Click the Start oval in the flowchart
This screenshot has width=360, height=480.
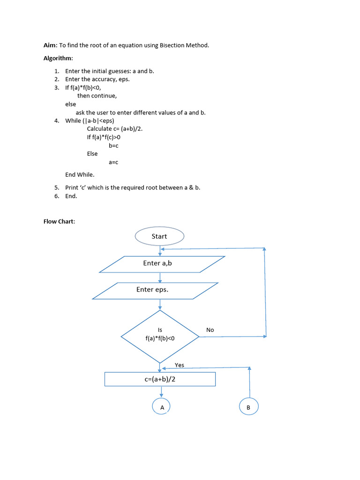159,236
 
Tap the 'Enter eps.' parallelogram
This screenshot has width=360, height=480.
155,291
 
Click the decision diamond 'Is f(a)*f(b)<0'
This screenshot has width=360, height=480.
160,336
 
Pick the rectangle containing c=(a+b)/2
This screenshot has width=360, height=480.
160,379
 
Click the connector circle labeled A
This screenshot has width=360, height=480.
162,407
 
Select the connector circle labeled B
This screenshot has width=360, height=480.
248,407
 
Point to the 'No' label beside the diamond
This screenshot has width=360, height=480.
210,330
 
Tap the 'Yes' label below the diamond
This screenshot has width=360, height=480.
180,365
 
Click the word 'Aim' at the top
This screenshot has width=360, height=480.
50,45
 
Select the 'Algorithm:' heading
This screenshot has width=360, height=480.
58,59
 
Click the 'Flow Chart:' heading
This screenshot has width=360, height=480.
59,221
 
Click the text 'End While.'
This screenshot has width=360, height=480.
80,174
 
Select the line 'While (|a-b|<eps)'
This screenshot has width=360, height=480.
90,120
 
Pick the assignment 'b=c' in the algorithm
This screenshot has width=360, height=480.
113,145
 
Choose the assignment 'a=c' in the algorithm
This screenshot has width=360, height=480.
113,162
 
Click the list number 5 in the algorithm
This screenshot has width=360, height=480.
56,187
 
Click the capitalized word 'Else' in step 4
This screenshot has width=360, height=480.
92,154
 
